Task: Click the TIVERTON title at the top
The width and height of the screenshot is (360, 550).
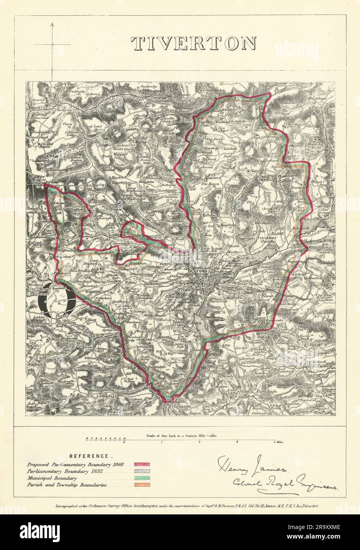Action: click(194, 44)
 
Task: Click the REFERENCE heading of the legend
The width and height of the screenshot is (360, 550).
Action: click(90, 456)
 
